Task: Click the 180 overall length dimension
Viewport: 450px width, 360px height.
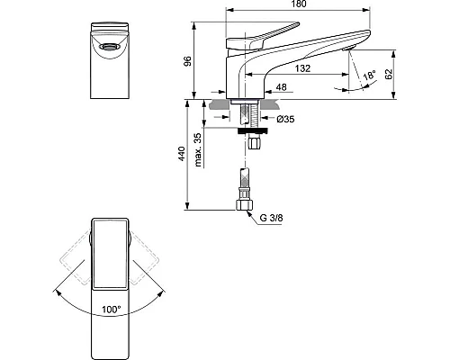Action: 299,4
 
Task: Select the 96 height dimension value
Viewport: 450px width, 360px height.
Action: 188,61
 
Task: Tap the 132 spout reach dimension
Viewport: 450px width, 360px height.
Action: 302,68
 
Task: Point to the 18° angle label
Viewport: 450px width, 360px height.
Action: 370,75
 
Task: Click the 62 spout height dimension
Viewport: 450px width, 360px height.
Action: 389,74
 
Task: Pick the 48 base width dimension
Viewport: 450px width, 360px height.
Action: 281,87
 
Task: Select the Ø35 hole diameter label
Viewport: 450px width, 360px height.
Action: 285,119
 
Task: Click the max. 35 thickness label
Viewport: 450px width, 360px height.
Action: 198,149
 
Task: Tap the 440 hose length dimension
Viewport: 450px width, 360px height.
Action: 182,154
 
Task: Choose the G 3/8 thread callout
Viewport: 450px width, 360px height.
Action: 271,218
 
